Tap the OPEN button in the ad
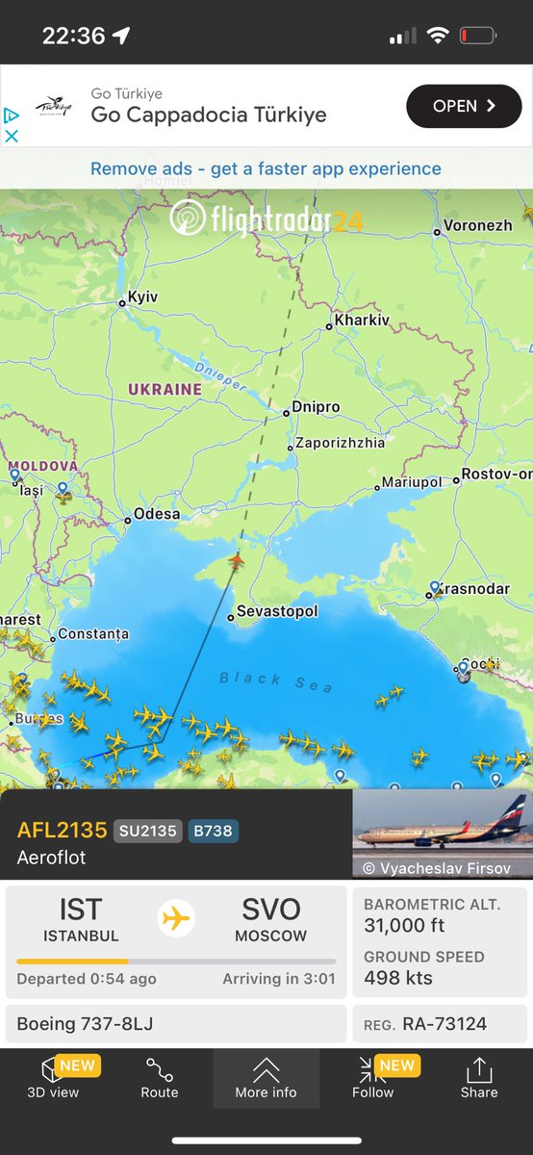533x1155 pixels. [464, 106]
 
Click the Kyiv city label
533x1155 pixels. [142, 297]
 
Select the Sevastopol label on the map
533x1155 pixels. [276, 611]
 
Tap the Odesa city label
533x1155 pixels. [156, 514]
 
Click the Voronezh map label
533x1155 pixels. [477, 226]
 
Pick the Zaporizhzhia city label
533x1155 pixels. [341, 443]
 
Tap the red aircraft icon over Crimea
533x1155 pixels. [236, 559]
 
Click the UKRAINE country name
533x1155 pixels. [165, 390]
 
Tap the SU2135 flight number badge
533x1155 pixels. [147, 831]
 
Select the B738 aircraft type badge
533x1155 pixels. [214, 831]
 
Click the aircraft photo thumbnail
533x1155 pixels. [443, 834]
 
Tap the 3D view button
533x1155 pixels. [53, 1078]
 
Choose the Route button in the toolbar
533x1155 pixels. [160, 1078]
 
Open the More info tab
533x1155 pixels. [266, 1078]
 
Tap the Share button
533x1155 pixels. [479, 1078]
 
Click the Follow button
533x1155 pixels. [372, 1078]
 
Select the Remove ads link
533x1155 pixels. [266, 169]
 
